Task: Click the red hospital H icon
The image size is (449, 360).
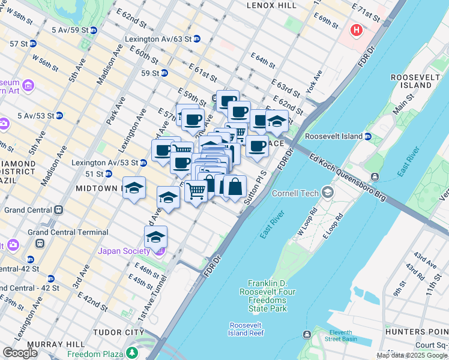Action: click(357, 29)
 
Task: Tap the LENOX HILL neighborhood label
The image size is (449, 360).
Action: click(271, 5)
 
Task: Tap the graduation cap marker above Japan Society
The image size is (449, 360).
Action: click(156, 237)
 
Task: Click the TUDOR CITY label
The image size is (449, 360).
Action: click(124, 332)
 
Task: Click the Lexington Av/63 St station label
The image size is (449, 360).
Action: click(158, 38)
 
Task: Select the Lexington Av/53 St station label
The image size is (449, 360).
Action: click(104, 163)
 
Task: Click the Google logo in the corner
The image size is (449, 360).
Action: click(20, 353)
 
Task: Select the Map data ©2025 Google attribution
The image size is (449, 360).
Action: click(412, 356)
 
